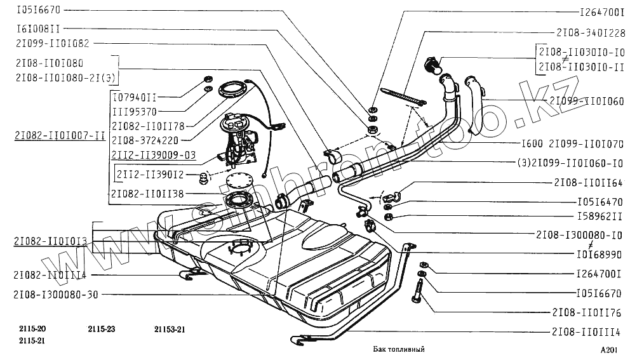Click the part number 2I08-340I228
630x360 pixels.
591,32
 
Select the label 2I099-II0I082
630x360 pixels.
53,44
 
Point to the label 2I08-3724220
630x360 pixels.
145,139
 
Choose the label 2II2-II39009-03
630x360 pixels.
153,154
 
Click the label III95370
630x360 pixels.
135,111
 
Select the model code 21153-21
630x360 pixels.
170,329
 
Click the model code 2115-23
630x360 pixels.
102,329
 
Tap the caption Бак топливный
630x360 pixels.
398,349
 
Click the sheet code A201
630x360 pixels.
608,350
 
